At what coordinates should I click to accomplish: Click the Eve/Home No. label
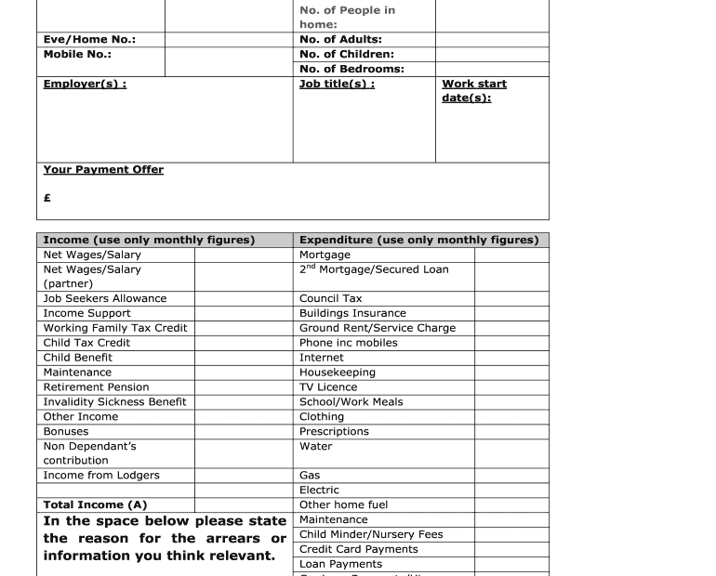pyautogui.click(x=89, y=39)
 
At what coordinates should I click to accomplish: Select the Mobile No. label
pyautogui.click(x=77, y=54)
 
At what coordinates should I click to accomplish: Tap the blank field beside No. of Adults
pyautogui.click(x=491, y=39)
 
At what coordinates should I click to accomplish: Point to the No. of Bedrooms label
pyautogui.click(x=351, y=69)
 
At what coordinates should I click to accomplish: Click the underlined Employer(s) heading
pyautogui.click(x=85, y=84)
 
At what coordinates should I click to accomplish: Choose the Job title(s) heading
pyautogui.click(x=337, y=84)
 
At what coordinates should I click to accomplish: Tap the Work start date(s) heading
pyautogui.click(x=474, y=90)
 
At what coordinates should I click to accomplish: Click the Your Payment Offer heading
pyautogui.click(x=103, y=169)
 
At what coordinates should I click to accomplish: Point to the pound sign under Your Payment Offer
pyautogui.click(x=47, y=198)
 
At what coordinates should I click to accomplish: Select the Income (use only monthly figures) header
pyautogui.click(x=149, y=240)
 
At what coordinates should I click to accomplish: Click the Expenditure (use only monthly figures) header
pyautogui.click(x=418, y=240)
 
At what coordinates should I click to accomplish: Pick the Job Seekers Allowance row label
pyautogui.click(x=105, y=298)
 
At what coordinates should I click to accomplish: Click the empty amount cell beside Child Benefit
pyautogui.click(x=243, y=358)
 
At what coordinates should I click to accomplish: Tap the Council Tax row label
pyautogui.click(x=330, y=298)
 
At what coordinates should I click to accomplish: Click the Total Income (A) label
pyautogui.click(x=95, y=505)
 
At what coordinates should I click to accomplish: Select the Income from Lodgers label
pyautogui.click(x=101, y=476)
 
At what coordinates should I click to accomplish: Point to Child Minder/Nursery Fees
pyautogui.click(x=371, y=534)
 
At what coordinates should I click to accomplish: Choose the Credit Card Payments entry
pyautogui.click(x=358, y=549)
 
